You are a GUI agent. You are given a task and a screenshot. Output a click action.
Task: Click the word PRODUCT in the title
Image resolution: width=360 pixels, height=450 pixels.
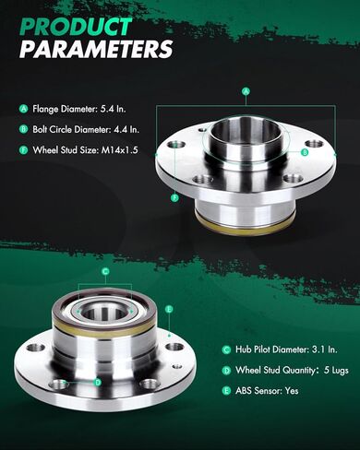tap(76, 27)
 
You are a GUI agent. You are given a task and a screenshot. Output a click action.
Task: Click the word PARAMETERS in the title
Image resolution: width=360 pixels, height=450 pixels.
tap(96, 49)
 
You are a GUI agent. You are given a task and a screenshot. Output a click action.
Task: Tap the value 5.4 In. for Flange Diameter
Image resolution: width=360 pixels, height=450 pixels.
tap(114, 109)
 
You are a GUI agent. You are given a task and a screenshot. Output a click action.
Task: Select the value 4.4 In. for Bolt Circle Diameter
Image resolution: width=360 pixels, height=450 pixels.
tap(126, 129)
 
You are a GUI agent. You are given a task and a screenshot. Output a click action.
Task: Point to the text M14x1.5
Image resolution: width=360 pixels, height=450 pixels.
tap(120, 150)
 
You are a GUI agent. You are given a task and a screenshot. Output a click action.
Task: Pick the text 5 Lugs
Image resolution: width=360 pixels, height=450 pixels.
tap(336, 370)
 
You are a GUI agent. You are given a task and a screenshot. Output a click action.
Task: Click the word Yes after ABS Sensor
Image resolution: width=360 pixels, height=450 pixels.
tap(292, 391)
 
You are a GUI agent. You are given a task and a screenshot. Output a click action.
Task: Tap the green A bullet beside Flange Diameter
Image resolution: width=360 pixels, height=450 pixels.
tap(24, 109)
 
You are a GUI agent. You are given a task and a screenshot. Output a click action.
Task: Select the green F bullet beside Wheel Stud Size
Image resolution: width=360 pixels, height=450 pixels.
tap(24, 150)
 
